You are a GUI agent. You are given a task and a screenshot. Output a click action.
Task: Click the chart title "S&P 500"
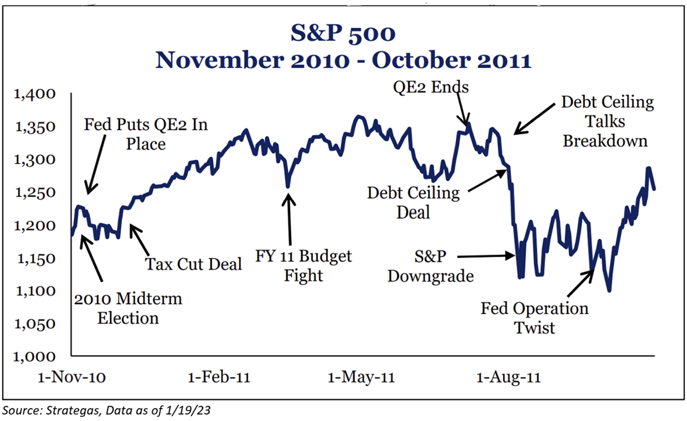[343, 34]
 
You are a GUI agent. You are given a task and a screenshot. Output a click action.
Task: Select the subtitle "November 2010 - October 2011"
[343, 60]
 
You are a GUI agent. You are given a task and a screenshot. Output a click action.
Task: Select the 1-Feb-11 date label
[219, 378]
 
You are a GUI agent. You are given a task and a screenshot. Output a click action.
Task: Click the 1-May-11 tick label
[361, 378]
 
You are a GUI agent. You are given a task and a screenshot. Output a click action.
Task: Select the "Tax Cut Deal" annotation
[193, 264]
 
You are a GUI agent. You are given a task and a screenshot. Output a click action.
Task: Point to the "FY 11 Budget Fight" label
[304, 265]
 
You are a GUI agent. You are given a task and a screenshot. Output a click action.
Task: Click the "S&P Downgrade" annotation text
[430, 266]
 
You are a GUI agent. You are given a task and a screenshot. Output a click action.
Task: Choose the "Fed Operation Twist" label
[535, 317]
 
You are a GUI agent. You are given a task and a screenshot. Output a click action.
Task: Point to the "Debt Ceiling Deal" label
[414, 202]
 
